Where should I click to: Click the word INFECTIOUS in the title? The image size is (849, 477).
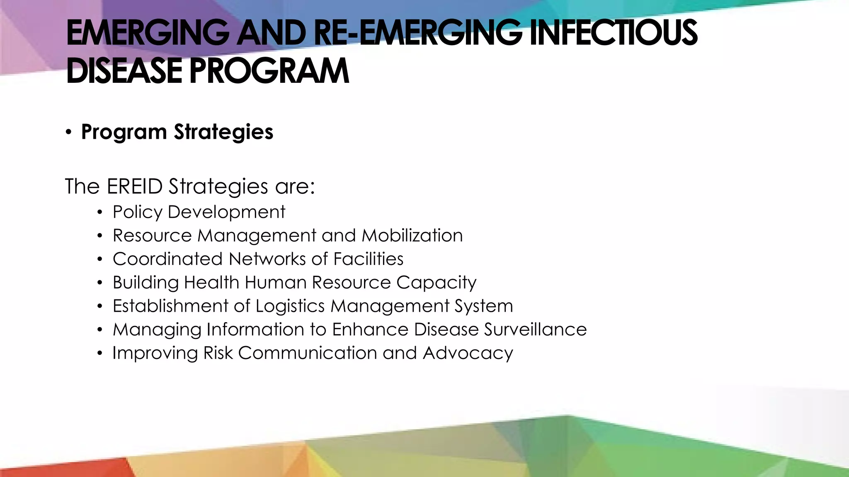point(614,33)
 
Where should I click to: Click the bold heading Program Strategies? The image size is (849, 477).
point(177,132)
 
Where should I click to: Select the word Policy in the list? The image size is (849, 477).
point(137,212)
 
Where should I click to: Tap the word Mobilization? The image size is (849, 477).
point(412,236)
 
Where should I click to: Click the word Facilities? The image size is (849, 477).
point(368,259)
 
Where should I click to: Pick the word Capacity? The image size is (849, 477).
point(436,283)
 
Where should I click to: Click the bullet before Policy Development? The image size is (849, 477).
point(99,213)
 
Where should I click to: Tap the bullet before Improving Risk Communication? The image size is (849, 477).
point(99,354)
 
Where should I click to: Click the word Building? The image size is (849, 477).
point(146,283)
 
